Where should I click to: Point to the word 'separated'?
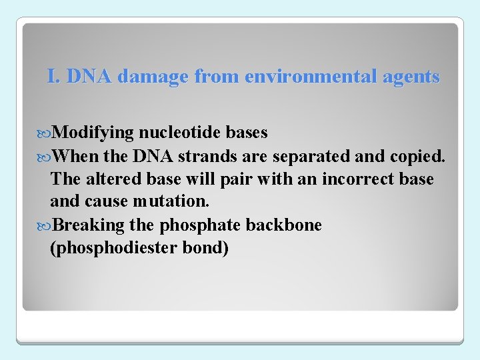pos(307,157)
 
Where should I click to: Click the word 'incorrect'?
pos(357,179)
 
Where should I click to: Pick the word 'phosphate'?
pos(207,225)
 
